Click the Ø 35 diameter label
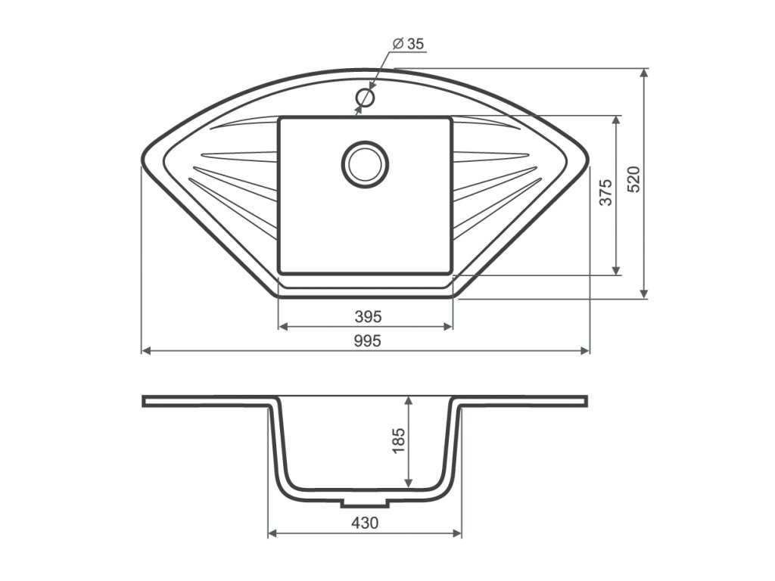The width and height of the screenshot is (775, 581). tap(408, 44)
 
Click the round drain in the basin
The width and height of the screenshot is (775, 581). tap(365, 164)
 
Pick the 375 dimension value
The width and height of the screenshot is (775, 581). tap(606, 192)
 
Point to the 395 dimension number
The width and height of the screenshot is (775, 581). tap(369, 316)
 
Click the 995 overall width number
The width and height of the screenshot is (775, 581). tap(368, 341)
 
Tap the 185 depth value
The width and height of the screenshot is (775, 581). tap(398, 440)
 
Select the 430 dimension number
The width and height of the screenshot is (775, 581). tap(365, 522)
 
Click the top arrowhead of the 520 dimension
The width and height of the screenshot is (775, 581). tap(643, 73)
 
